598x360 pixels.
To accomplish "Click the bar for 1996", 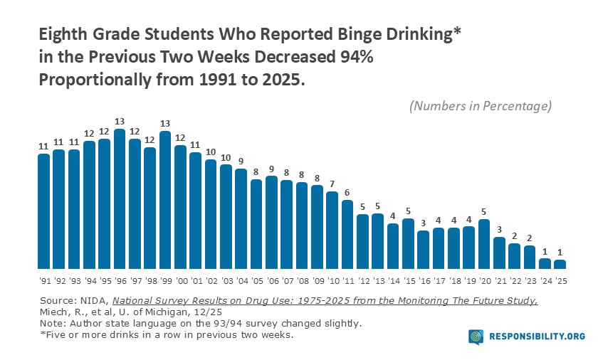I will click(x=120, y=199).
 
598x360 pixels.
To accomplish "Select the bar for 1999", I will click(x=165, y=200).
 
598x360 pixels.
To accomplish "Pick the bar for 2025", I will click(x=560, y=264).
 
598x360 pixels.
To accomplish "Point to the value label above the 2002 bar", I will click(x=211, y=152).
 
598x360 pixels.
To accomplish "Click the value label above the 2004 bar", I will click(x=241, y=161).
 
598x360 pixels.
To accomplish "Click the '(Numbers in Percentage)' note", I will click(x=481, y=106).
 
